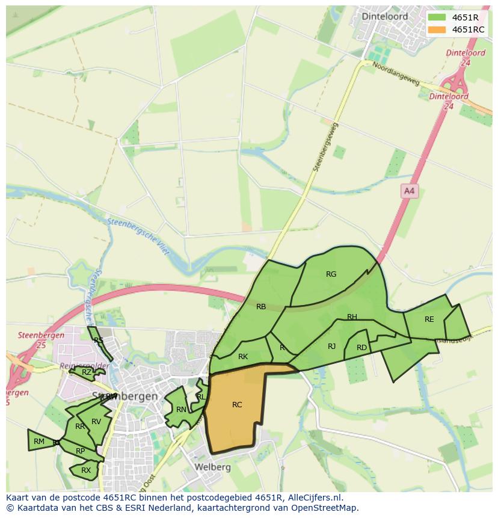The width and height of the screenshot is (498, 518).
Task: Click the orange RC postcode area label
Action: (x=237, y=405)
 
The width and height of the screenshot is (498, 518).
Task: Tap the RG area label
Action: (x=331, y=274)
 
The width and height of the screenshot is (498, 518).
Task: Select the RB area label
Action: (x=261, y=307)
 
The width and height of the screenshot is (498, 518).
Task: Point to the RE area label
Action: (x=429, y=319)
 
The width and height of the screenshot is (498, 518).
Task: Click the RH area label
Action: (x=352, y=317)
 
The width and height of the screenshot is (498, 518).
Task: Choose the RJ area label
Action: (x=331, y=347)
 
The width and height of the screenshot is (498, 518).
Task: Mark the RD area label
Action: (x=361, y=348)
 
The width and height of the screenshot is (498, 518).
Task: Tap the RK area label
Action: (x=243, y=357)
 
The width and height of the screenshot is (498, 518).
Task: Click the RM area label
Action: (x=39, y=442)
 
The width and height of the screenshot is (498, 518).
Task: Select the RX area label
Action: (x=86, y=470)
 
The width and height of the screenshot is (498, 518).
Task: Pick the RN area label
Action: (x=181, y=410)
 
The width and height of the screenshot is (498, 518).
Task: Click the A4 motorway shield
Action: (x=409, y=191)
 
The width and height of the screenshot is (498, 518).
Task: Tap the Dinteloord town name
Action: (x=384, y=16)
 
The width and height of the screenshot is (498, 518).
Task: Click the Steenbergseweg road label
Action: (x=325, y=146)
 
